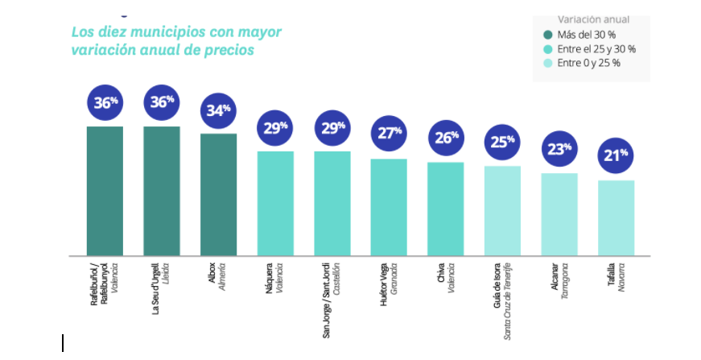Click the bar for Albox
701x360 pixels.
click(x=218, y=194)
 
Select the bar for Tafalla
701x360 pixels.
click(x=616, y=217)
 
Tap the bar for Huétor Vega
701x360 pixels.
click(x=389, y=207)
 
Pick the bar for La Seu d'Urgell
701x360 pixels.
click(x=162, y=191)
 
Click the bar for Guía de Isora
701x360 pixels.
click(x=502, y=210)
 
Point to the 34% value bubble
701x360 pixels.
click(x=218, y=110)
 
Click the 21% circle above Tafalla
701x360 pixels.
click(x=616, y=155)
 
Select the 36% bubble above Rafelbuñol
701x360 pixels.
click(x=105, y=102)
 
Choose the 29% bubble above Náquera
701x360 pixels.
click(x=275, y=127)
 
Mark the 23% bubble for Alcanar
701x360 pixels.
click(x=559, y=148)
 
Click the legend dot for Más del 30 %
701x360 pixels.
click(x=548, y=35)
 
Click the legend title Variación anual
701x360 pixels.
click(x=593, y=19)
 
